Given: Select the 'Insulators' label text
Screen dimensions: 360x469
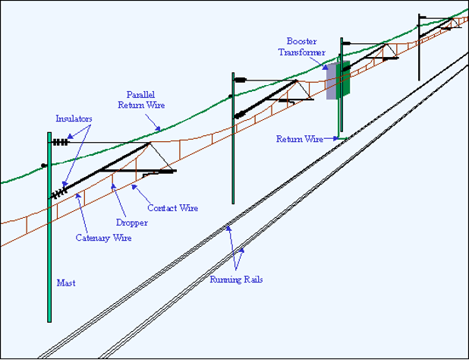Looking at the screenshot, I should [74, 118].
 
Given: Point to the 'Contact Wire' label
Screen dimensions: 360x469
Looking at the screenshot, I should [173, 208].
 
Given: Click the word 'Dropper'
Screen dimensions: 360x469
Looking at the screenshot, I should [131, 223].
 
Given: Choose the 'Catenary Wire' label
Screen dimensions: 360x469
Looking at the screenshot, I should [103, 238].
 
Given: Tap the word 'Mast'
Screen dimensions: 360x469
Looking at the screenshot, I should [66, 283].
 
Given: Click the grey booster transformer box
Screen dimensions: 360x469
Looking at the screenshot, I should [332, 81].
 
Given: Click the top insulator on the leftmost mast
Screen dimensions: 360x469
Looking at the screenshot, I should [60, 141].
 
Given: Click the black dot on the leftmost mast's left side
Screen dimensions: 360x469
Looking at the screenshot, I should [44, 165].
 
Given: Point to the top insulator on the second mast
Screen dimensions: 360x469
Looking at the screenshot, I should [241, 78].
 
